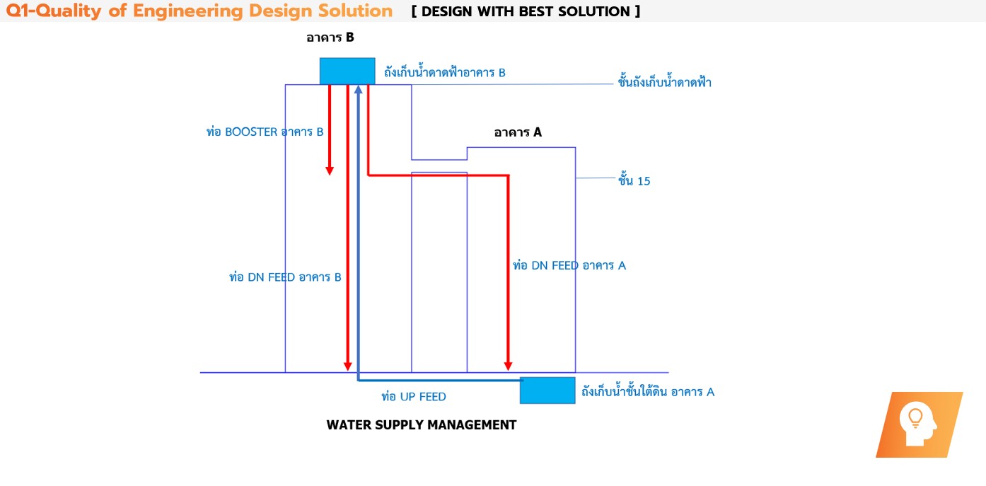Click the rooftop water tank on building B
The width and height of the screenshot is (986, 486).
coord(347,71)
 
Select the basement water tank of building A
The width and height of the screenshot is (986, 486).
coord(547,390)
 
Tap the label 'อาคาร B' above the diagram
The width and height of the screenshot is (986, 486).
coord(330,38)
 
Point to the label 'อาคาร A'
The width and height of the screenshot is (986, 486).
coord(518,132)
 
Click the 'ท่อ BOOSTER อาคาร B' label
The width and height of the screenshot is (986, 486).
coord(265,132)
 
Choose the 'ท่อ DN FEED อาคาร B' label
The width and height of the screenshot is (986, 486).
coord(286,277)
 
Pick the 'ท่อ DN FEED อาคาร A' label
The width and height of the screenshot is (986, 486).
coord(569,266)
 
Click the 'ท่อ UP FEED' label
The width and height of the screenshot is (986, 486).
coord(414,397)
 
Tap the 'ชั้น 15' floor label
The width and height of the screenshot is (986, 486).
coord(634,181)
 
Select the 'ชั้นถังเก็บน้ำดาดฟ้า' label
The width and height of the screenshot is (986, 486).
coord(664,83)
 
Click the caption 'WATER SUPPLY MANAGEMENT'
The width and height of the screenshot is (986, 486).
coord(422,425)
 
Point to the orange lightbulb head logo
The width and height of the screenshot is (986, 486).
coord(919,424)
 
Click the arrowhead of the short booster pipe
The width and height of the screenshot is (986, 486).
coord(330,171)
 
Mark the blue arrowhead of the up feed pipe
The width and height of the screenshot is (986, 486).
coord(359,89)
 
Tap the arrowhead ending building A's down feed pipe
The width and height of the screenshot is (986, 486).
coord(508,365)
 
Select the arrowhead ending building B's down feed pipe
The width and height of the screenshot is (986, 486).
coord(348,365)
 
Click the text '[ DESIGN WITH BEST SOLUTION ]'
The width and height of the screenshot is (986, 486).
coord(526,11)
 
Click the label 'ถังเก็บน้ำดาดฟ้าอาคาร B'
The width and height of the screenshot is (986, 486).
coord(445,73)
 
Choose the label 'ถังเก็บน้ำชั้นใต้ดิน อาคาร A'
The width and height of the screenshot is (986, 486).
coord(648,392)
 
